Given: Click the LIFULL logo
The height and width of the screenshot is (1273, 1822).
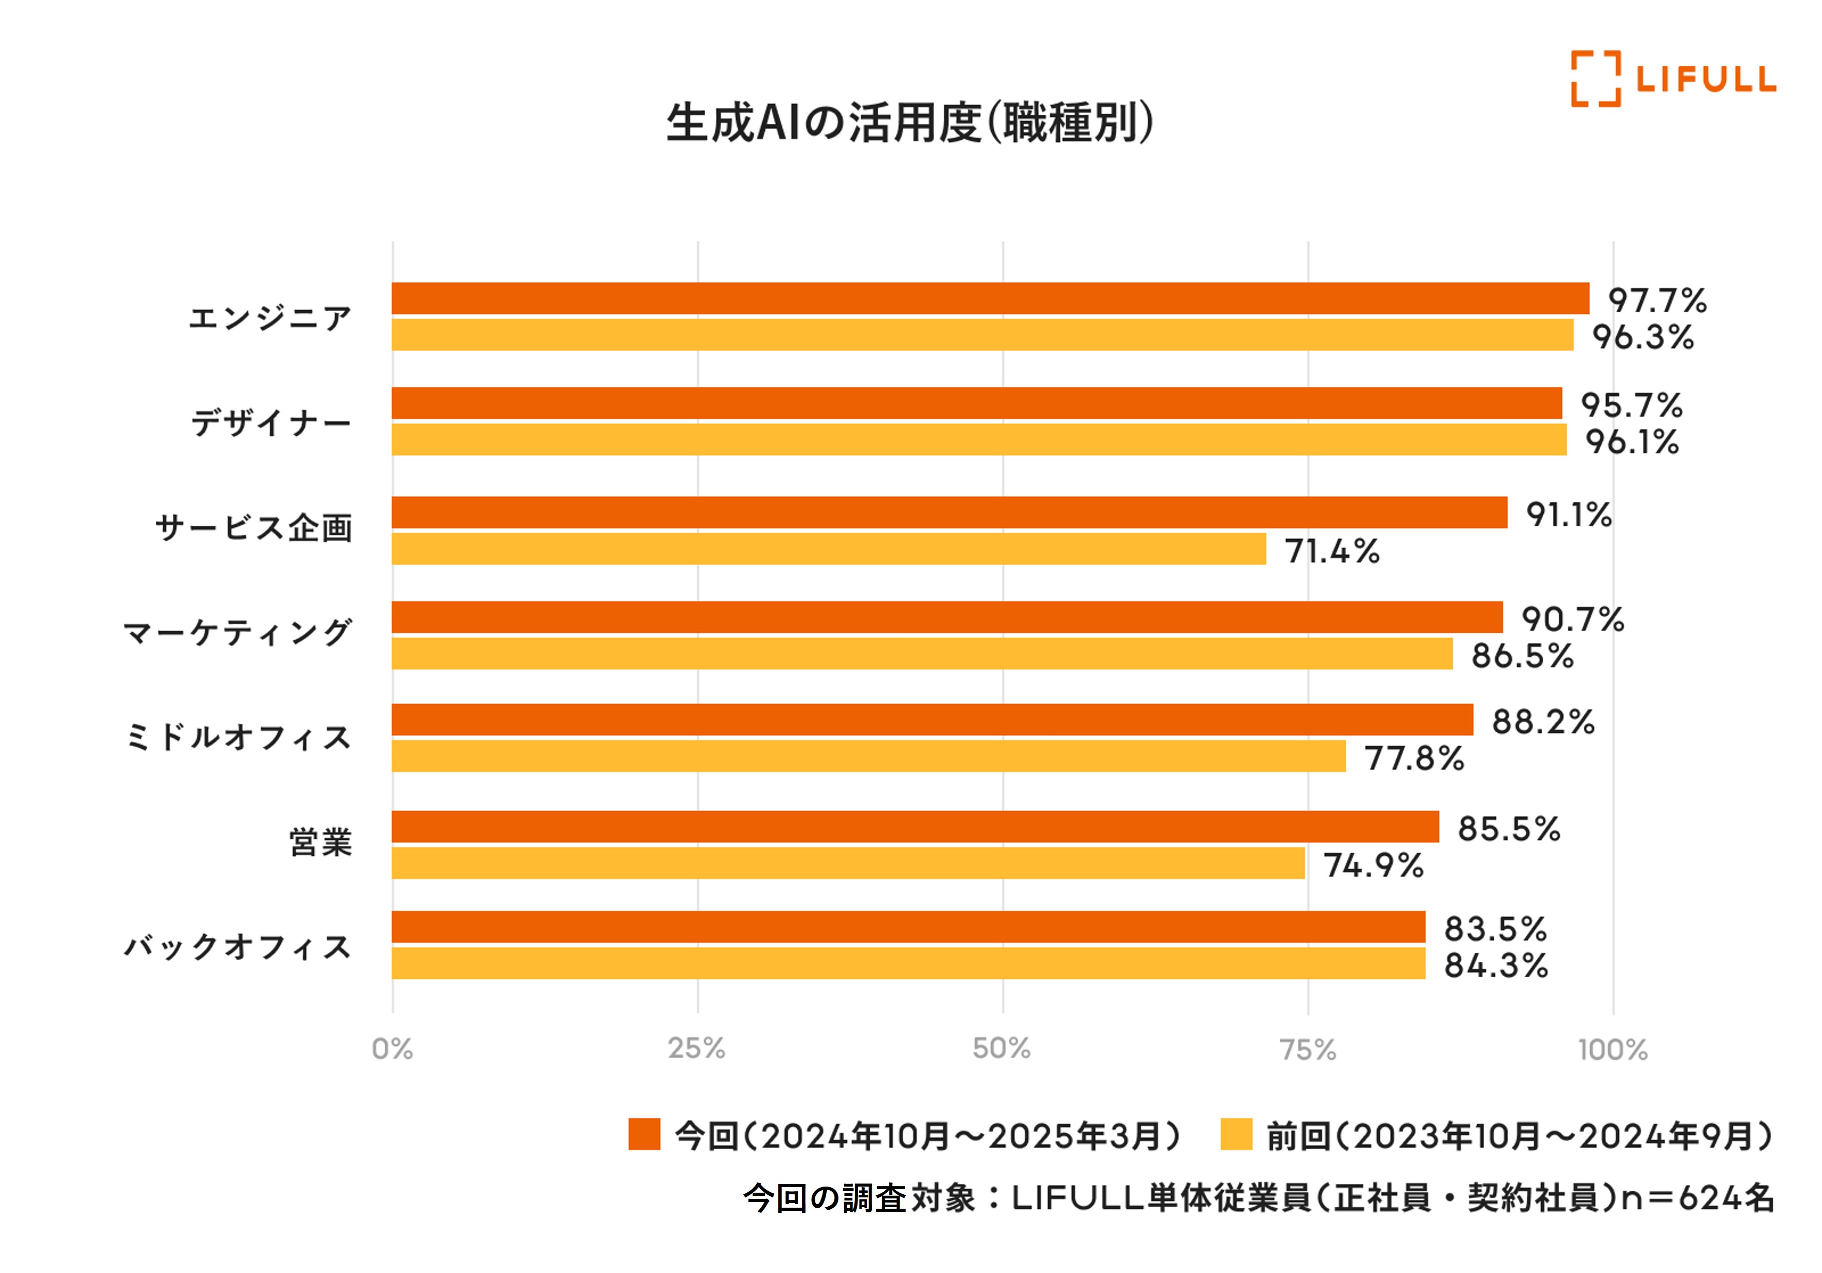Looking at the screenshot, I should coord(1673,79).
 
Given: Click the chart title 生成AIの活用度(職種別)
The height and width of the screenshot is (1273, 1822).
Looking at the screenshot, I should coord(909,123).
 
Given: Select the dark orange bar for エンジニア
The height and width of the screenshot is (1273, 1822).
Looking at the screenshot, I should coord(990,298).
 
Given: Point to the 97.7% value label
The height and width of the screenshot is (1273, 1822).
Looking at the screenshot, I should coord(1657,301).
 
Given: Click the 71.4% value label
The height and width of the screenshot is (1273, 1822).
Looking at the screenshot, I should coord(1332,551).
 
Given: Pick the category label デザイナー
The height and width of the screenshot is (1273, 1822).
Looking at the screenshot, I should coord(271,422).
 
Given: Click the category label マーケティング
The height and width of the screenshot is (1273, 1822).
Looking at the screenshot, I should coord(237,633).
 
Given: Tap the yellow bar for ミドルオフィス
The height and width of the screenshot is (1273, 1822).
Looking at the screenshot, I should coord(868,756).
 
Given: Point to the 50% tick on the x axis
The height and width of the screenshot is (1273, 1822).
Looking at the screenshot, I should coord(1002,1048).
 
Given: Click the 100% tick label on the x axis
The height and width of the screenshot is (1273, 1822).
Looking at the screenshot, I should coord(1613,1050).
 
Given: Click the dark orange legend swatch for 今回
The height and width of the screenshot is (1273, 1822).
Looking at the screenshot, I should coord(644,1134).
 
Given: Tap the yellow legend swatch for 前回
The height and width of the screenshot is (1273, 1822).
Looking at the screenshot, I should coord(1236,1134).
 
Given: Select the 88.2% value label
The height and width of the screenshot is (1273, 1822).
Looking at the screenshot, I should coord(1543,722).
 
